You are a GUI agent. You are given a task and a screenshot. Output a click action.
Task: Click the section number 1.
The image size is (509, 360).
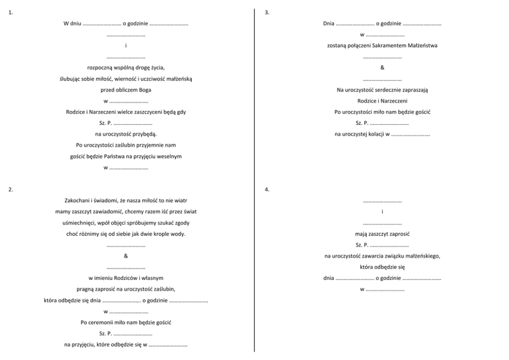(10, 12)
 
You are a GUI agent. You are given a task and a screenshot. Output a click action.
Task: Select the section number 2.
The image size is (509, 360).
(10, 190)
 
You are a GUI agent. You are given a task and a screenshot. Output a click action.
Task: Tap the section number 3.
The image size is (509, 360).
(266, 12)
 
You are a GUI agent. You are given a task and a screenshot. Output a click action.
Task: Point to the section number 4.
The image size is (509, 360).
(266, 190)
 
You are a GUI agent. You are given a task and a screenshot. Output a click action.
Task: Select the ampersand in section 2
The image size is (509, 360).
(126, 256)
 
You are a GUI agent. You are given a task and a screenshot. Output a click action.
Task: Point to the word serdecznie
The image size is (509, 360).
(387, 90)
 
